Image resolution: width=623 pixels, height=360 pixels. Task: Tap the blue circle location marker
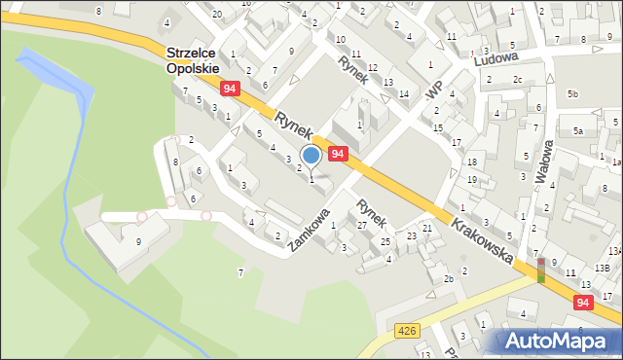(311, 156)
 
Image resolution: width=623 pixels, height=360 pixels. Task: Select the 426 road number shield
(409, 332)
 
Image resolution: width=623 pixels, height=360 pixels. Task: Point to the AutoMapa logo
(556, 341)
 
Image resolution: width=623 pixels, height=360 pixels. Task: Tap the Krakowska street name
(482, 238)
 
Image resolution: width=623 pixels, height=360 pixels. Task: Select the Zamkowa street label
(310, 230)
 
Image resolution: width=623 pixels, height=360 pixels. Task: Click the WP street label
(434, 88)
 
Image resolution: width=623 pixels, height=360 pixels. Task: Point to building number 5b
(574, 93)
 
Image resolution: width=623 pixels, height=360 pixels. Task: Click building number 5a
(577, 130)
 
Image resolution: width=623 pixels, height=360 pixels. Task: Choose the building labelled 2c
(518, 79)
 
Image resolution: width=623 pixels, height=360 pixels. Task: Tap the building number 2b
(449, 279)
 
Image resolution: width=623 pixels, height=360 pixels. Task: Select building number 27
(362, 225)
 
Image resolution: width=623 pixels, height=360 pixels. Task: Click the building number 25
(385, 241)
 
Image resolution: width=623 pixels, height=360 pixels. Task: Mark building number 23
(412, 235)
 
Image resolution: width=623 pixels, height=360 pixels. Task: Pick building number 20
(216, 14)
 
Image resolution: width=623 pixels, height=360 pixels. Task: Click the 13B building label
(602, 267)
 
